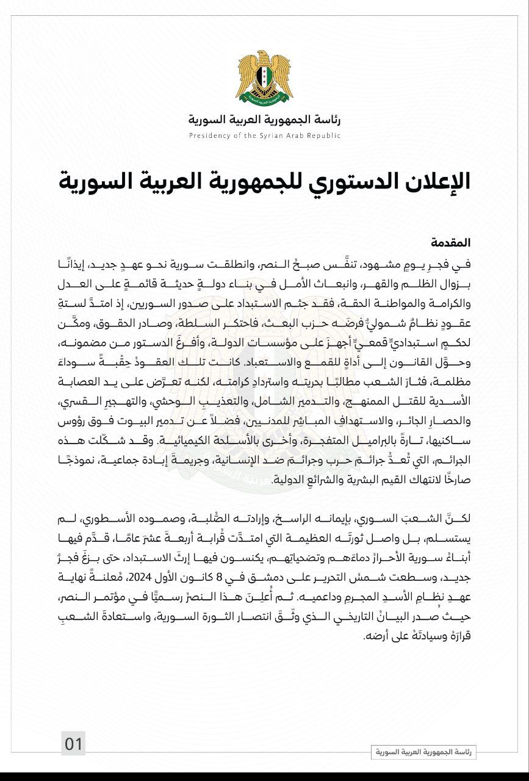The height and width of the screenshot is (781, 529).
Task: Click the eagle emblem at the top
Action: (264, 77)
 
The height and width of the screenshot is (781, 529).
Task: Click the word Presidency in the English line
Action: (210, 135)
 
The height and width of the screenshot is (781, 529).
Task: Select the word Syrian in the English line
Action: (273, 135)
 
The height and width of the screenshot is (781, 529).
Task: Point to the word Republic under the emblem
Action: (325, 135)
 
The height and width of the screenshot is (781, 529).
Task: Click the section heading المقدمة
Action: (451, 242)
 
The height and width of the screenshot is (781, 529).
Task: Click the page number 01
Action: (73, 744)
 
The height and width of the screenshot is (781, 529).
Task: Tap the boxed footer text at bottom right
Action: (423, 752)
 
